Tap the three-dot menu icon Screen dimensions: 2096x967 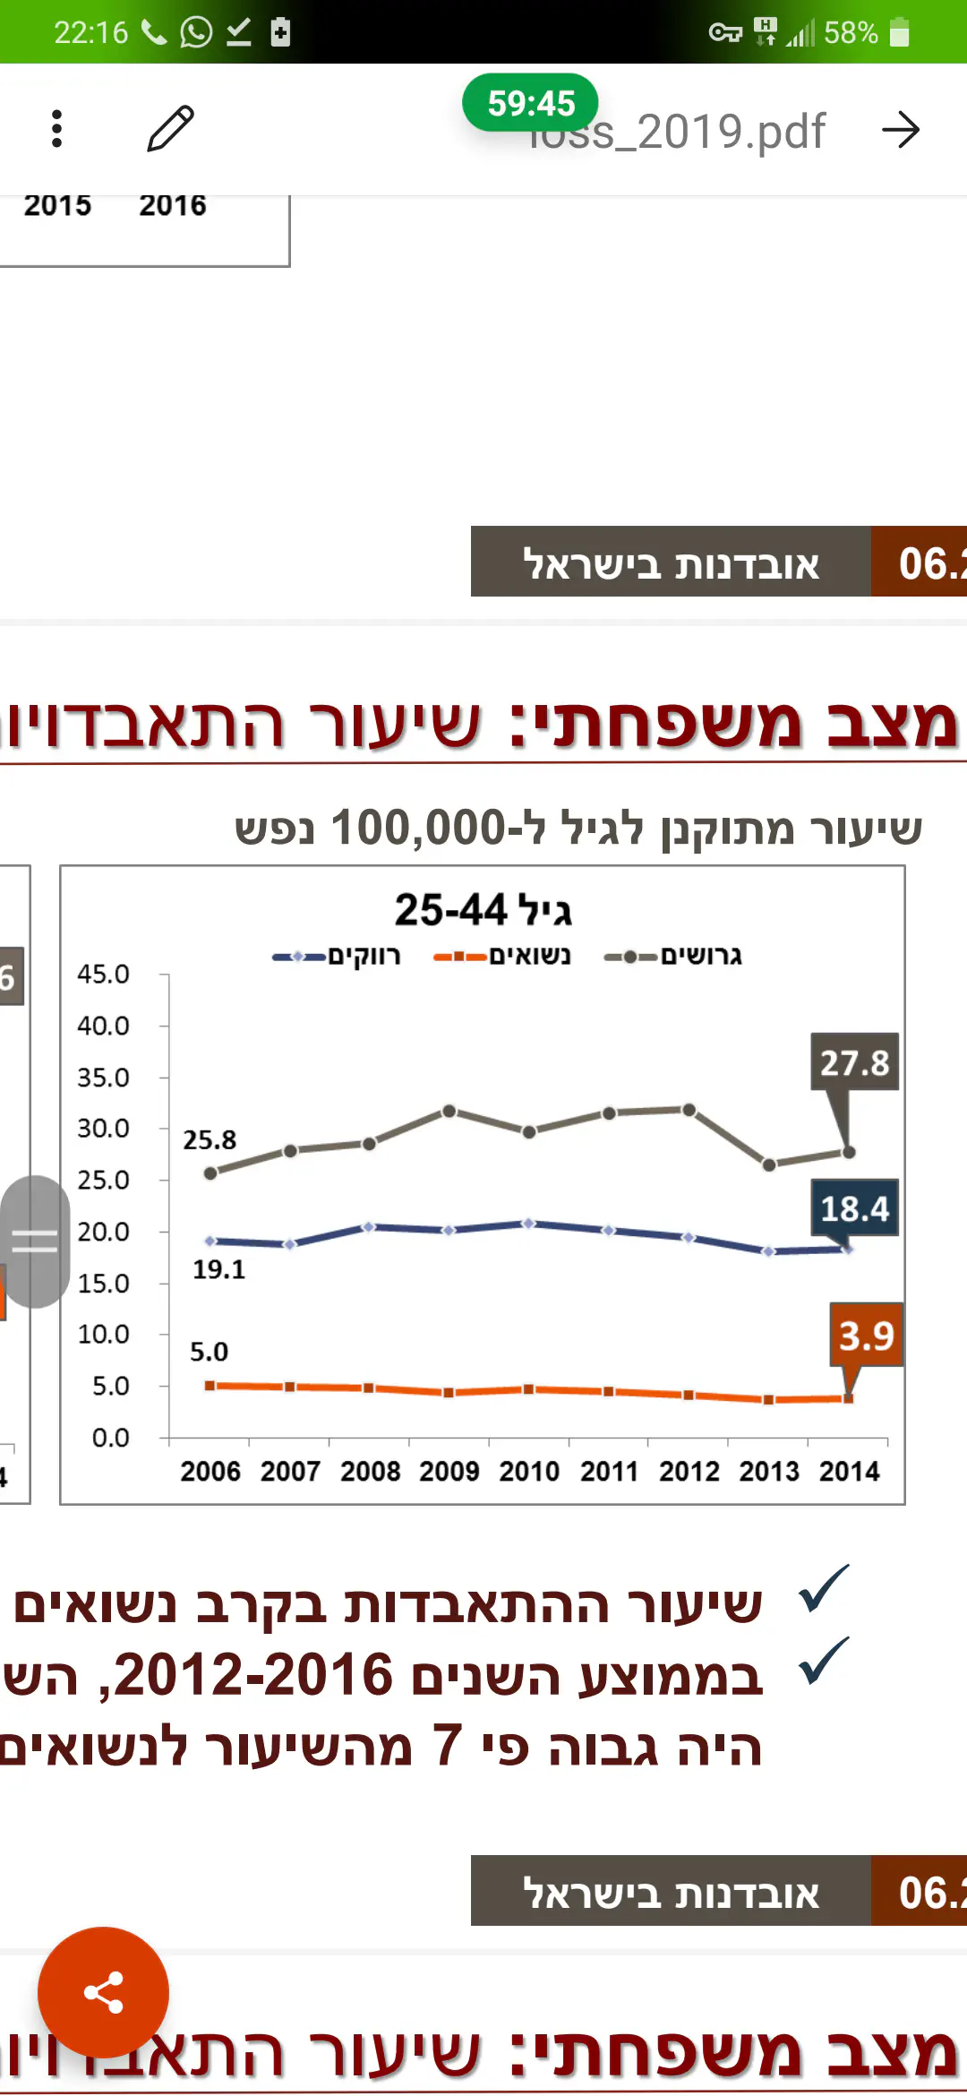pos(57,129)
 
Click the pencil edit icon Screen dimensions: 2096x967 pos(170,129)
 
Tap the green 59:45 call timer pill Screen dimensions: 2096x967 pos(530,103)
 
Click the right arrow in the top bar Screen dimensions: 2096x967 pos(901,130)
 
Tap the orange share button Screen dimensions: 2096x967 pos(103,1992)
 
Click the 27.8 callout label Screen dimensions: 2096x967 pos(854,1062)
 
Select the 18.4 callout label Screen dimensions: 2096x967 pos(854,1208)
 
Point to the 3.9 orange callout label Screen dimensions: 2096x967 pos(866,1336)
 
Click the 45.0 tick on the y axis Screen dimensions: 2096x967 pos(103,974)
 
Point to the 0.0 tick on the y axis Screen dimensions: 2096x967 pos(110,1438)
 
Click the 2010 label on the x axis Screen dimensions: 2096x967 pos(529,1471)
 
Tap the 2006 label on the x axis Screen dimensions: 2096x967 pos(210,1471)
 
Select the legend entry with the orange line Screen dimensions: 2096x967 pos(501,956)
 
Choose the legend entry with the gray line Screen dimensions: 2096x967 pos(673,956)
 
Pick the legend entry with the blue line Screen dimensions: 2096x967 pos(337,956)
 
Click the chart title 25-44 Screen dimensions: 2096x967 pos(483,910)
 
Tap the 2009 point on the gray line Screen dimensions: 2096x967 pos(449,1112)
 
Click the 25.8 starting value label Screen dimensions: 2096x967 pos(210,1139)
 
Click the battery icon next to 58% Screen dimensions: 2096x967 pos(899,33)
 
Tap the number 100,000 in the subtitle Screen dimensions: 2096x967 pos(418,828)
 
